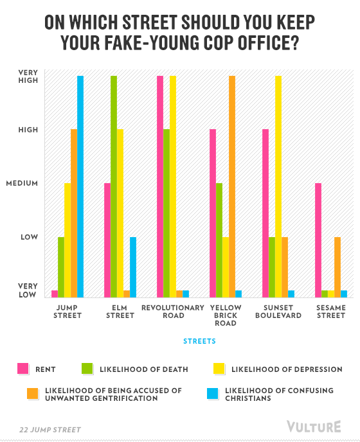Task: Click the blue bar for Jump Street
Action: coord(80,186)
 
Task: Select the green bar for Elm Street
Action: coord(114,186)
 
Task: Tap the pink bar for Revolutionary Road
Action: coord(160,186)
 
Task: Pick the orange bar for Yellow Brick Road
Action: coord(232,186)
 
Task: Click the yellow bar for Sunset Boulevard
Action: coord(278,186)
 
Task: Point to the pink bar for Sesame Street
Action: coord(318,240)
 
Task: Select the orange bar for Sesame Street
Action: coord(337,267)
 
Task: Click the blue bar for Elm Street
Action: coord(133,267)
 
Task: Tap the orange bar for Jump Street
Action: coord(74,213)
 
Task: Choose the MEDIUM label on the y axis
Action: coord(22,183)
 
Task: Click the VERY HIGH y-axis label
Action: coord(28,76)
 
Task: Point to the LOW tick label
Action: coord(30,237)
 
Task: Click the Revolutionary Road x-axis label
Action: coord(173,312)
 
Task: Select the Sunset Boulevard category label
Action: coord(278,312)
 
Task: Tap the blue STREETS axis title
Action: coord(199,341)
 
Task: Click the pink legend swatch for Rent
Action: coord(23,368)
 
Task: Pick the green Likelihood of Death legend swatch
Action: coord(87,368)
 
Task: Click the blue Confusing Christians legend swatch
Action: coord(212,394)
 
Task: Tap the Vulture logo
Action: coord(314,427)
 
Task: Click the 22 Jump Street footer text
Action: coord(50,430)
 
